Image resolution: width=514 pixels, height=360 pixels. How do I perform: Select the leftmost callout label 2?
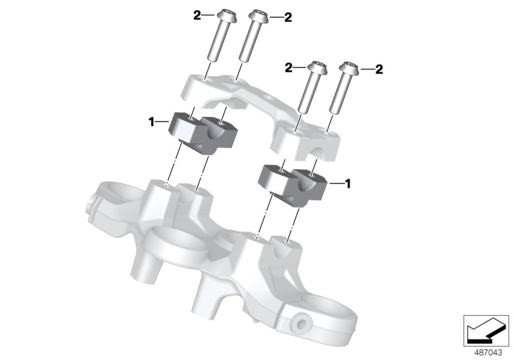tap(197, 15)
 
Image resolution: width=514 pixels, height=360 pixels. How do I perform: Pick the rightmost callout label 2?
tap(379, 68)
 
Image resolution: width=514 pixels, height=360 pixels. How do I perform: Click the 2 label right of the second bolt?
tap(288, 17)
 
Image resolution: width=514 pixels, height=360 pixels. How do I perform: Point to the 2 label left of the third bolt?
tap(289, 67)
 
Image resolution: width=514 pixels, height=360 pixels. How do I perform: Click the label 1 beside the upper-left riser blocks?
tap(152, 120)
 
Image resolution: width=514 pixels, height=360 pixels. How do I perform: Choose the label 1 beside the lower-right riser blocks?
tap(348, 184)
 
